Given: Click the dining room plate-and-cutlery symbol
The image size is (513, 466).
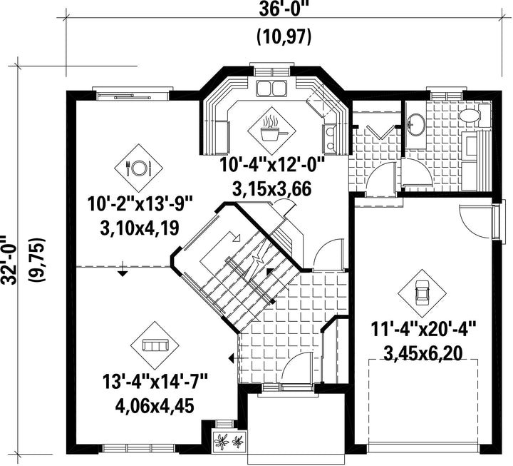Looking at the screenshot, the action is click(138, 168).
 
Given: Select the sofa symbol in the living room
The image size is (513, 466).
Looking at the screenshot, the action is click(155, 345).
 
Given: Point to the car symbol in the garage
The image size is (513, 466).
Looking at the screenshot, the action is click(423, 293).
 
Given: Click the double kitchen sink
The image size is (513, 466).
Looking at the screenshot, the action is click(271, 88).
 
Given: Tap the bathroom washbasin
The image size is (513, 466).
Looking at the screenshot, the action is click(416, 124).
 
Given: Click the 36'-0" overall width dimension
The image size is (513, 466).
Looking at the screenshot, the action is click(284, 10).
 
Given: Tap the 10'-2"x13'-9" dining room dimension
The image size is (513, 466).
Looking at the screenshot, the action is click(139, 205).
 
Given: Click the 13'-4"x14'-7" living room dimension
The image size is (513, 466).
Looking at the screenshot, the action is click(155, 382).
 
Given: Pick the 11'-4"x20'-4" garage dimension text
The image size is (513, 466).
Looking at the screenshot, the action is click(423, 329).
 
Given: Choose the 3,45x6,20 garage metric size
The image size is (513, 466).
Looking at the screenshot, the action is click(423, 353).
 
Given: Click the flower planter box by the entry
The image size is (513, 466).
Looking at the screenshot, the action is click(229, 441).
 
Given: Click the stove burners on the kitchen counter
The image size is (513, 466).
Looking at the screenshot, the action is click(329, 138).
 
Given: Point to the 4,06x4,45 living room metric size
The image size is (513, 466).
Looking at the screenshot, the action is click(155, 406).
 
